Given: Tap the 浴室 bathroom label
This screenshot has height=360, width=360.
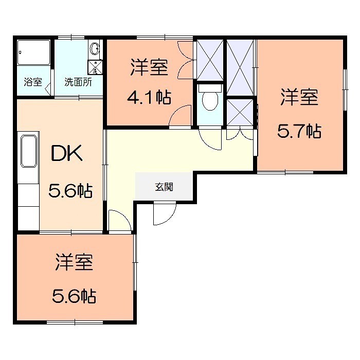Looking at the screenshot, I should (33, 82).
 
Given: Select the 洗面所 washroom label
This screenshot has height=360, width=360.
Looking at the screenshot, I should (78, 82).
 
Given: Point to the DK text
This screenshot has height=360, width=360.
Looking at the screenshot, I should (66, 154).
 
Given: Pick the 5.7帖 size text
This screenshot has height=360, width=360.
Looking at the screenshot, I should (299, 132).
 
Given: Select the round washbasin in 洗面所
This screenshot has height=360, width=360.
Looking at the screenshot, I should (95, 49).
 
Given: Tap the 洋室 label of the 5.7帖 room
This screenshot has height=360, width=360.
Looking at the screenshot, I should (299, 97).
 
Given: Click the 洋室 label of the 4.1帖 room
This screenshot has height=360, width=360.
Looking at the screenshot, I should (149, 68).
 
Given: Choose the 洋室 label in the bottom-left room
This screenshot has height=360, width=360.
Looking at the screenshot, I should (75, 262).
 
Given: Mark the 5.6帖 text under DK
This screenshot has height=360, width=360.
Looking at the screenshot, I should (70, 191).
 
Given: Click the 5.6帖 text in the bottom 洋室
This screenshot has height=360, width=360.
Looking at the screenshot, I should (75, 296).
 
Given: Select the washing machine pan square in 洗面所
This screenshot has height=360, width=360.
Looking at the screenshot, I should (95, 66).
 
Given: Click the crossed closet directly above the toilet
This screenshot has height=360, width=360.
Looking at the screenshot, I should (210, 59).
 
